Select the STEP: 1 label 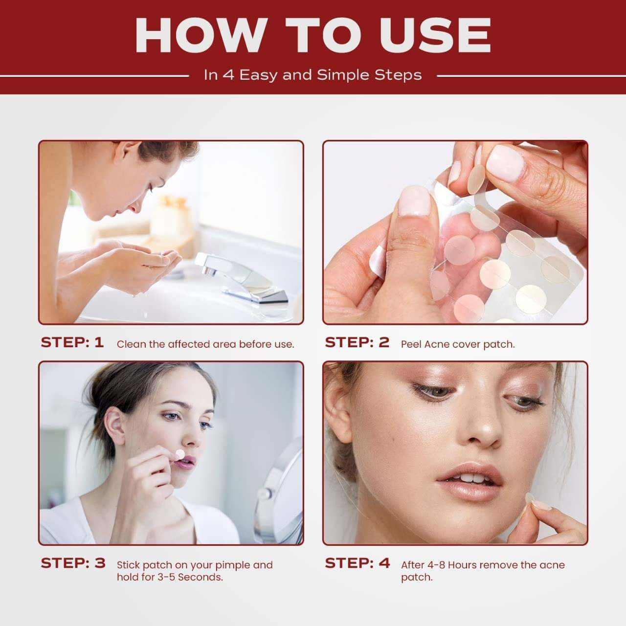pyautogui.click(x=72, y=342)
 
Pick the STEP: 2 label pyautogui.click(x=357, y=342)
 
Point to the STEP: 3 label pyautogui.click(x=73, y=563)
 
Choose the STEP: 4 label pyautogui.click(x=358, y=563)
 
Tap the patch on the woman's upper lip pyautogui.click(x=180, y=454)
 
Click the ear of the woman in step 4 pyautogui.click(x=338, y=413)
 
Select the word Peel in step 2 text pyautogui.click(x=411, y=344)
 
